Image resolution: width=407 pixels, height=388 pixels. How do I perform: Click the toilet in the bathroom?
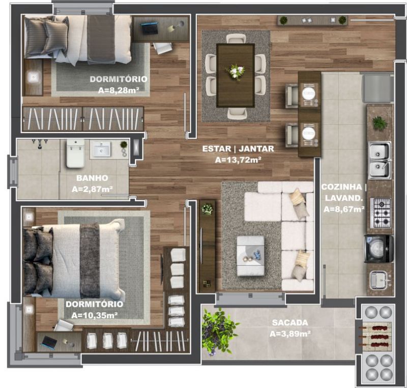[75, 153]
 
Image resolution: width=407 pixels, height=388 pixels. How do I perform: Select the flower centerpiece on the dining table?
[235, 71]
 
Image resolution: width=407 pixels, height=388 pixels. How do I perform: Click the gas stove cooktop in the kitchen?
[381, 213]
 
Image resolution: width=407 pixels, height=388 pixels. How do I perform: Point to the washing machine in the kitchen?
[379, 249]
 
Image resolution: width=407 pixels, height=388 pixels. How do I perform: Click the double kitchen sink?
[379, 160]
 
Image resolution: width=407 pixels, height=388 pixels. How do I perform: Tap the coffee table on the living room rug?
[250, 256]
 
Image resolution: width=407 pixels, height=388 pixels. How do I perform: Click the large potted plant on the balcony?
[219, 330]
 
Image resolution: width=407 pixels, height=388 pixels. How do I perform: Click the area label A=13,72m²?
[238, 160]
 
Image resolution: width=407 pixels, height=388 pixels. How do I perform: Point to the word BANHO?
[92, 178]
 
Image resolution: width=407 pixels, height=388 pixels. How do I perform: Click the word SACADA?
[290, 322]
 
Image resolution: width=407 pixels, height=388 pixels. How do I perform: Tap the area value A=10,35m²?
[95, 315]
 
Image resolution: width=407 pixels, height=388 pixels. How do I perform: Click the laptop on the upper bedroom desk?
[149, 28]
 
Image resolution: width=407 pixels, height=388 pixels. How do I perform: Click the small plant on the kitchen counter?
[380, 123]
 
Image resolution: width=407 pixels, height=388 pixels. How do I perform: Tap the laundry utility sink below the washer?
[380, 280]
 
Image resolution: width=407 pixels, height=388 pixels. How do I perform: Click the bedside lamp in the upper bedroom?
[33, 76]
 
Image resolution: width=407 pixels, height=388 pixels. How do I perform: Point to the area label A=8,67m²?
[344, 209]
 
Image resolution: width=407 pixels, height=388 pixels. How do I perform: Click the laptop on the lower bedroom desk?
[49, 343]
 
